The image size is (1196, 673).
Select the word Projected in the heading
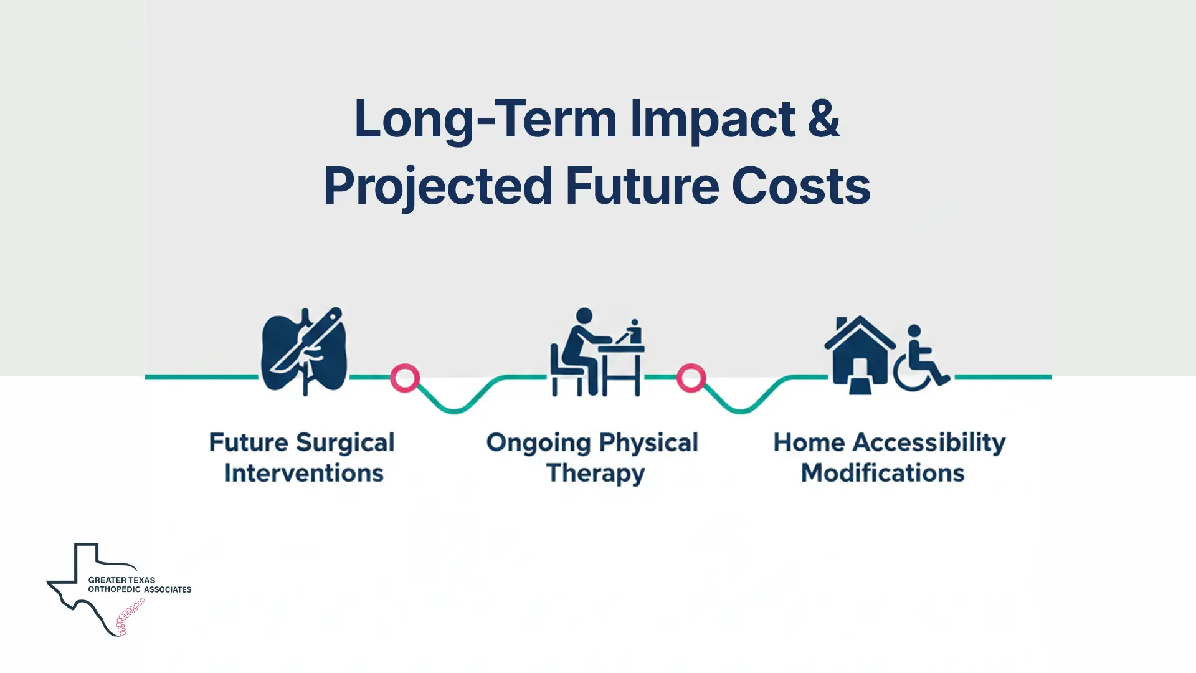coord(438,186)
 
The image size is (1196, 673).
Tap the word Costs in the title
coord(800,186)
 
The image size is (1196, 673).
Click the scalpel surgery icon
coord(304,351)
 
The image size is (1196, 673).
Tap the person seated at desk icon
coord(596,352)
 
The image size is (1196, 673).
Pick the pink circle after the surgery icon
coord(405,378)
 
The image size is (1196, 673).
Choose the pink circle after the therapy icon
coord(691,378)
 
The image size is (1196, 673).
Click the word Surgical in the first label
coord(345,443)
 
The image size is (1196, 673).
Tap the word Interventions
coord(304,474)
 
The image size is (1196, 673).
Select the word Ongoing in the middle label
coord(538,443)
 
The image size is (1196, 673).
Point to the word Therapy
coord(596,474)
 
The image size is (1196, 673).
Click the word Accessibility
coord(929,443)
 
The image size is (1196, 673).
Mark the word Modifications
coord(883,474)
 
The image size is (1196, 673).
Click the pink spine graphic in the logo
coord(130,618)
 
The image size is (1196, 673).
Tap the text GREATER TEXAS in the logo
coord(121,580)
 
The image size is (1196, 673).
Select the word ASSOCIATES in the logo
coord(167,589)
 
